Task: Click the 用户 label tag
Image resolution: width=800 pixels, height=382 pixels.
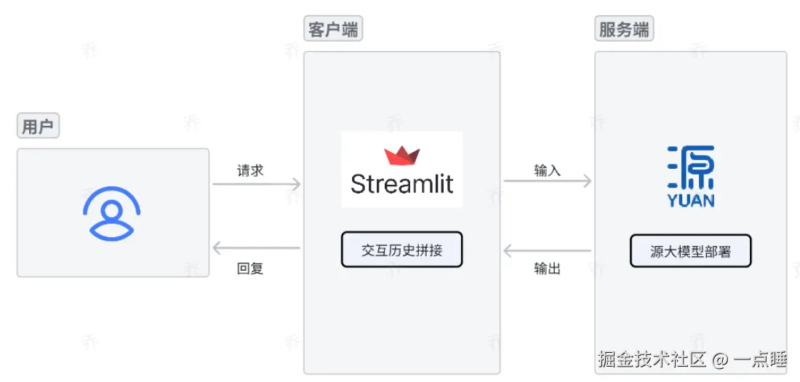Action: click(38, 127)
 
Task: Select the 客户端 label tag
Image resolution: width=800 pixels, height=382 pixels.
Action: click(332, 30)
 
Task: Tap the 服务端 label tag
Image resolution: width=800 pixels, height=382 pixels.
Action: click(624, 30)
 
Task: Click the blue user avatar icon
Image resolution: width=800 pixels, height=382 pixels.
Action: click(111, 213)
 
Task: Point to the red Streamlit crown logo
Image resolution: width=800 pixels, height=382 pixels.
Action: click(402, 155)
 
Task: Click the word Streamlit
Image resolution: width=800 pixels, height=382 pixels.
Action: click(401, 184)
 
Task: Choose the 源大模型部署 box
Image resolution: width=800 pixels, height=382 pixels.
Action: click(690, 252)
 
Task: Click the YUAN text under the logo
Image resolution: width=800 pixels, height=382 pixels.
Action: click(691, 200)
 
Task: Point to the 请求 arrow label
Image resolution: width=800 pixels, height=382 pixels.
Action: click(250, 170)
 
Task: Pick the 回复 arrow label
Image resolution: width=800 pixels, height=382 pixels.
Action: click(250, 268)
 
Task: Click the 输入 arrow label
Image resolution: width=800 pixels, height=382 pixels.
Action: click(548, 170)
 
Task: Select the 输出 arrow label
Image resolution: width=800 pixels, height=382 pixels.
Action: click(548, 268)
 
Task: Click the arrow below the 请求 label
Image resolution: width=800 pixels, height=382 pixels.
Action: click(256, 184)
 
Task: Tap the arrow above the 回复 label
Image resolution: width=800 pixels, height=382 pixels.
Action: click(256, 249)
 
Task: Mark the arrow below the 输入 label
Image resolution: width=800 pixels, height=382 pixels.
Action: click(548, 181)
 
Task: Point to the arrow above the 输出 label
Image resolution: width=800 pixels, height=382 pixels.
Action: click(548, 252)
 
